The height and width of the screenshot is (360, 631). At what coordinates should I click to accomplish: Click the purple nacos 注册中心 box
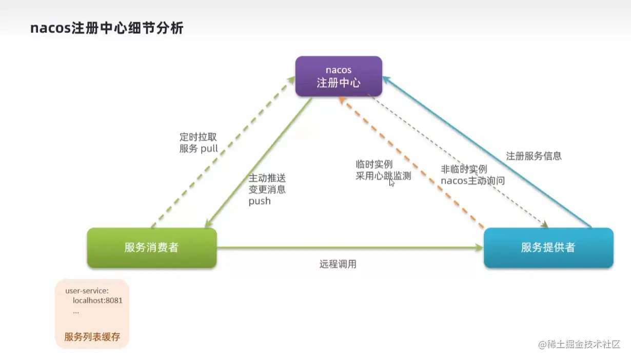(x=339, y=76)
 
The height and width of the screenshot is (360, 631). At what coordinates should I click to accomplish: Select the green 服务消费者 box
(x=151, y=247)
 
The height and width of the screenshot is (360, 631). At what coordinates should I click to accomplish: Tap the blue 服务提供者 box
(x=548, y=247)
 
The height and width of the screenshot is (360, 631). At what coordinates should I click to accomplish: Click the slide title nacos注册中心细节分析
(x=107, y=28)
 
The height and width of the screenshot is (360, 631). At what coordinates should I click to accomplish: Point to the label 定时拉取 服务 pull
(x=199, y=143)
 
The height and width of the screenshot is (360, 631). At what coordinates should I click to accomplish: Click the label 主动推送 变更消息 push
(x=267, y=189)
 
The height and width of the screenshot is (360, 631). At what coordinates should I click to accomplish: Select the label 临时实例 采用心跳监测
(x=383, y=170)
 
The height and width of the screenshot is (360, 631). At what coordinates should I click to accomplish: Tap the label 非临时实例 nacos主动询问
(x=472, y=174)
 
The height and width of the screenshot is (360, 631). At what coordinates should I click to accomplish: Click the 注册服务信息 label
(x=534, y=156)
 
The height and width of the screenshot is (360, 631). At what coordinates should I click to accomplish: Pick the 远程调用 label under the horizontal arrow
(x=338, y=264)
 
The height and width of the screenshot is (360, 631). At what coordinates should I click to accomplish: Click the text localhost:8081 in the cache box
(x=97, y=301)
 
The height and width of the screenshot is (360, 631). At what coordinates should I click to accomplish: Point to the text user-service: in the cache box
(x=87, y=291)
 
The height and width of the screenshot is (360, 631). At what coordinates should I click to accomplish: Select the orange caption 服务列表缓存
(x=92, y=337)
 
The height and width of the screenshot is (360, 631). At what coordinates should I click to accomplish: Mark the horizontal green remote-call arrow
(x=349, y=248)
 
